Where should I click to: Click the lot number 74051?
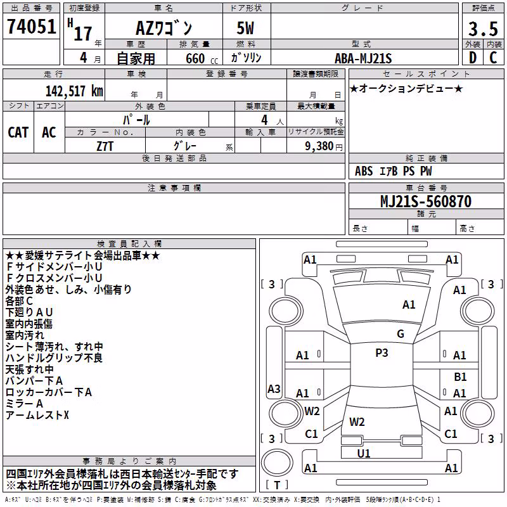coord(31,27)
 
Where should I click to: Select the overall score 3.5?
coord(483,29)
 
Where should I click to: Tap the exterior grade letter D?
coord(473,58)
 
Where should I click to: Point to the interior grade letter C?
coord(493,58)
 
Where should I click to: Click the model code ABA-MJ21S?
coord(363,58)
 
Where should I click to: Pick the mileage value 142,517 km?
coord(74,91)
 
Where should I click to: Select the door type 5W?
coord(245,28)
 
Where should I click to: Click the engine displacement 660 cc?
coord(202,59)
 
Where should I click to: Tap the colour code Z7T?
coord(105,146)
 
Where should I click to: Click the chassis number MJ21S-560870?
coord(426,202)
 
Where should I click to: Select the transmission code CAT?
coord(18,132)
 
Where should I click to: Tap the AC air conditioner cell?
coord(49,132)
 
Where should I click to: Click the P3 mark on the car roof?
coord(382,353)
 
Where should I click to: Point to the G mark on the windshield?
coord(401,334)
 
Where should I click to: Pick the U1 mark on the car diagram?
coord(364,454)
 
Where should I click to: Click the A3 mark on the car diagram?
coord(274,388)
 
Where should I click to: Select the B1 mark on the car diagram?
coord(460,377)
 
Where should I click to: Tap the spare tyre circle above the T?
coord(277,463)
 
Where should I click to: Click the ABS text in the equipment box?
coord(364,171)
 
